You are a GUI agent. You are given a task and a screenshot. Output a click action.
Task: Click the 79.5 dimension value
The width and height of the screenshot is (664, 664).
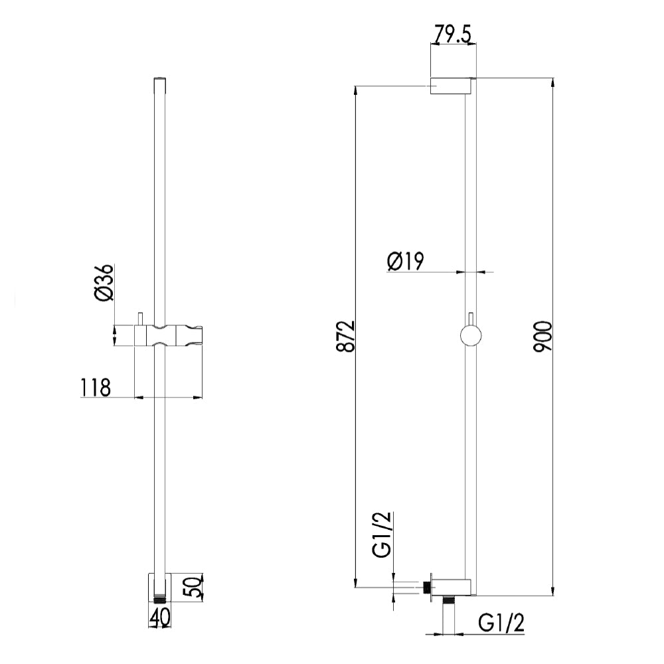(452, 33)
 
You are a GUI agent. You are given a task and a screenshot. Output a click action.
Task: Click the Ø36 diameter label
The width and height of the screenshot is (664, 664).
(106, 285)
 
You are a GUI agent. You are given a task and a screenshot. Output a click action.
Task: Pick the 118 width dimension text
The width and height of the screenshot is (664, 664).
(96, 386)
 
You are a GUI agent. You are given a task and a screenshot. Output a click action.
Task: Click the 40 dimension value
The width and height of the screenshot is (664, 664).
(159, 618)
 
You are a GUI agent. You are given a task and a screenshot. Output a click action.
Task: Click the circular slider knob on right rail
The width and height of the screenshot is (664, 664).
(471, 336)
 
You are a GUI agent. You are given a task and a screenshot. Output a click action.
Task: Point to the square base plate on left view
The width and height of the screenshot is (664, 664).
(160, 586)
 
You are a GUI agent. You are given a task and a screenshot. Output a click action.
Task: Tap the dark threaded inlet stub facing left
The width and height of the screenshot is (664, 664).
(426, 587)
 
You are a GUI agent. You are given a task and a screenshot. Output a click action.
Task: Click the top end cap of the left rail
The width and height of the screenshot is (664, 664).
(159, 80)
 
